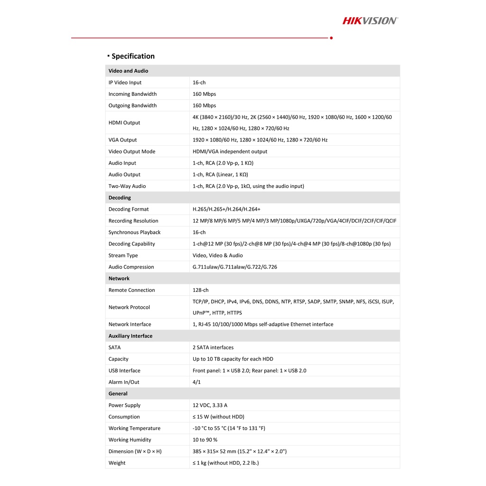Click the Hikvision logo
pos(370,20)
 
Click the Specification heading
pos(133,56)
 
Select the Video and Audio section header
pos(128,71)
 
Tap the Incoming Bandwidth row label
pos(132,94)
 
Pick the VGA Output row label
pos(122,140)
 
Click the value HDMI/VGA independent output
pos(230,151)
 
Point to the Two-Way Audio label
pos(127,186)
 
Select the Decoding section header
pos(120,197)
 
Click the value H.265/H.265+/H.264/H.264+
pos(226,209)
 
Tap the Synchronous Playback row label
pos(134,232)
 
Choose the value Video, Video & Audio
pos(217,255)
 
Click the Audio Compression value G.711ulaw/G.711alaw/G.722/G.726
pos(234,267)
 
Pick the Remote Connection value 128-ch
pos(200,290)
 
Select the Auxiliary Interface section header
pos(131,336)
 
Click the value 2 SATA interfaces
pos(213,347)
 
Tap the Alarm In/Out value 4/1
pos(196,382)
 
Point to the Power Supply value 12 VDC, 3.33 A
pos(210,405)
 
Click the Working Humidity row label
pos(130,440)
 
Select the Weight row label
pos(117,463)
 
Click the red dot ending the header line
pos(331,37)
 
